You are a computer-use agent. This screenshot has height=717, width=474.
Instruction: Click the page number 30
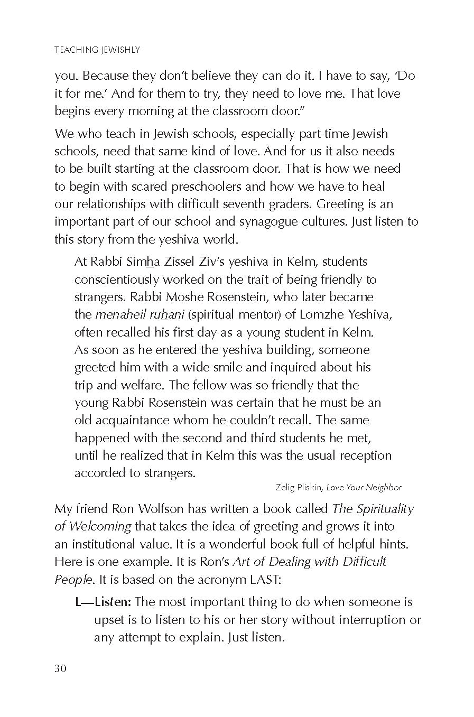pyautogui.click(x=60, y=668)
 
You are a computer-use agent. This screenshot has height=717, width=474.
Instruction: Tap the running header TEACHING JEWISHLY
pyautogui.click(x=97, y=50)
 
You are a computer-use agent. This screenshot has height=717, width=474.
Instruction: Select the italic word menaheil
pyautogui.click(x=118, y=314)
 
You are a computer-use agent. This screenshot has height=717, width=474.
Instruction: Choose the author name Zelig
pyautogui.click(x=286, y=487)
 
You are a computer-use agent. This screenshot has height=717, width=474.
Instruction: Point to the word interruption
pyautogui.click(x=367, y=619)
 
